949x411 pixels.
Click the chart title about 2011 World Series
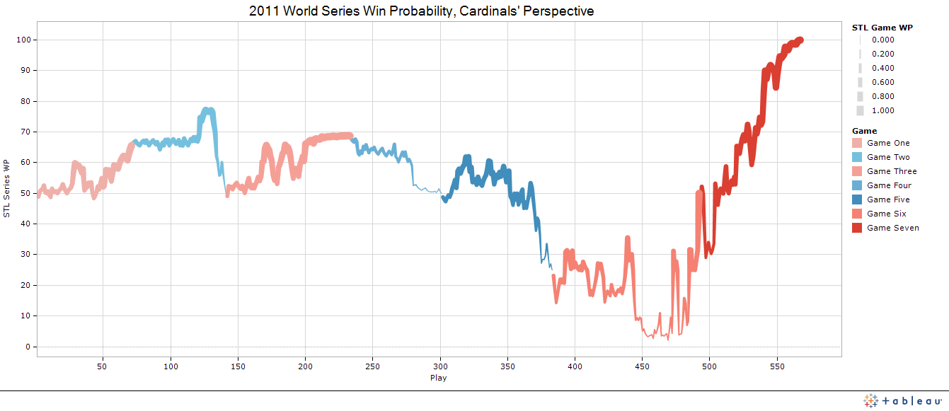pos(421,11)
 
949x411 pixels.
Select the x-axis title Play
pos(438,378)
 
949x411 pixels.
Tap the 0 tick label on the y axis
pos(28,347)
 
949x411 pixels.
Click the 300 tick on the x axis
pos(440,366)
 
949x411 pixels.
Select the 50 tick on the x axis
pos(103,366)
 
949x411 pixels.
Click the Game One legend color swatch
pos(860,143)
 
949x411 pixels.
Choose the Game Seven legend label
pos(892,228)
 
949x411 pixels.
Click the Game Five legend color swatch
pos(860,199)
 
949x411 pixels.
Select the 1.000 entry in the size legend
pos(882,110)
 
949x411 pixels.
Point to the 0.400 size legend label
pos(882,68)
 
